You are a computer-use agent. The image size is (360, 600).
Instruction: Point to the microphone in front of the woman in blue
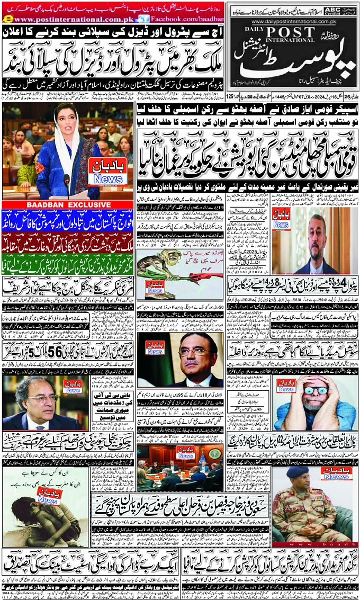click(67, 183)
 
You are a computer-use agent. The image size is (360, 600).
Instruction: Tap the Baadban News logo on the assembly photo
click(107, 173)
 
